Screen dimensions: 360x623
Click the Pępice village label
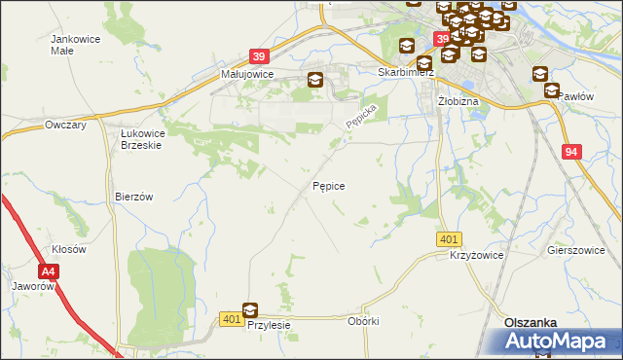coord(329,185)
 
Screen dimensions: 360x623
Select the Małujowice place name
coord(247,74)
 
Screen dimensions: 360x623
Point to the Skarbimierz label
coord(405,73)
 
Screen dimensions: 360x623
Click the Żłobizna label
coord(457,100)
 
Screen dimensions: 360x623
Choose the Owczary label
coord(66,126)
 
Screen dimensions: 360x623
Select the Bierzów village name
coord(134,197)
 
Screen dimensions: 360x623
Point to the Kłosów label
coord(69,249)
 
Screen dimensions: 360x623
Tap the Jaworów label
coord(31,287)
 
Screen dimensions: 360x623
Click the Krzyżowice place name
coord(476,255)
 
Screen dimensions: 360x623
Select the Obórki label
coord(362,321)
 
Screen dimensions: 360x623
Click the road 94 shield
coord(571,152)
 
